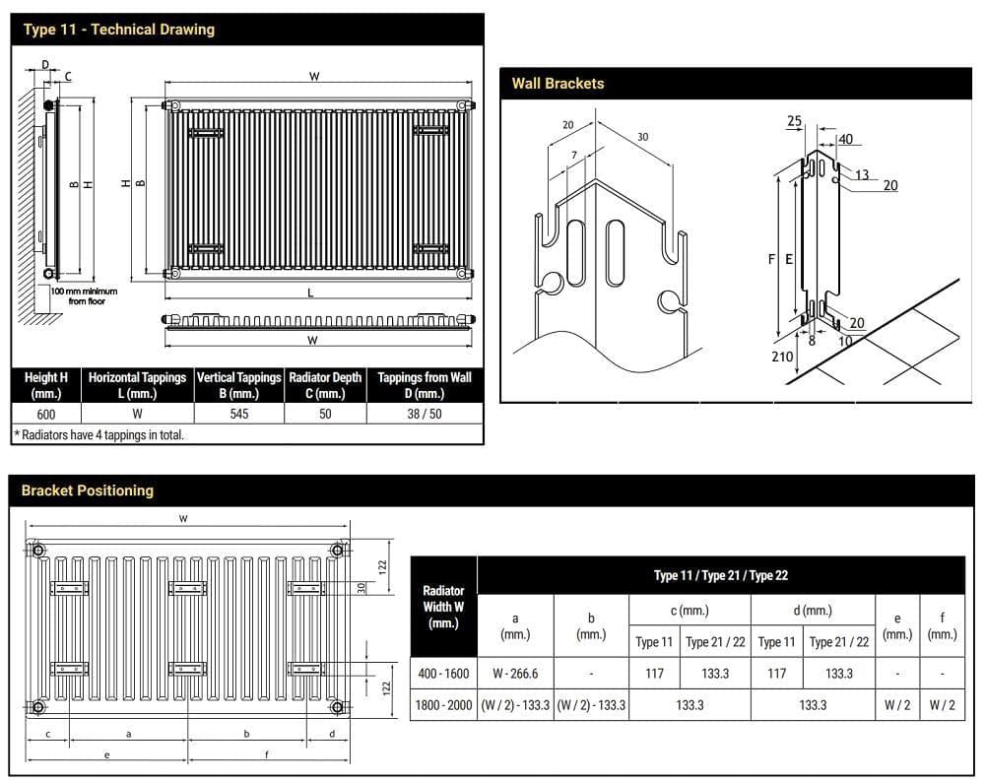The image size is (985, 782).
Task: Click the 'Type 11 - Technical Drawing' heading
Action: tap(118, 30)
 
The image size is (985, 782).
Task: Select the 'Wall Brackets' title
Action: tap(558, 84)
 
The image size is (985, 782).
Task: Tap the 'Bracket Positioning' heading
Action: tap(88, 490)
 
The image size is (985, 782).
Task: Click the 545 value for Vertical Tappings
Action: tap(238, 415)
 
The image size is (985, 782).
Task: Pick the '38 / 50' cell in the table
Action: tap(424, 415)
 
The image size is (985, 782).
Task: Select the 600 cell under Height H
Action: tap(45, 415)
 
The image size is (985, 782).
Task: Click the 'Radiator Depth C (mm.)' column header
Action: tap(325, 385)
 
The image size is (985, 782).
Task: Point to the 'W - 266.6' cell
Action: tap(515, 674)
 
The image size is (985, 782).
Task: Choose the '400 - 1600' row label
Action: tap(443, 674)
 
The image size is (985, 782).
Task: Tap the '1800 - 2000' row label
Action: tap(443, 705)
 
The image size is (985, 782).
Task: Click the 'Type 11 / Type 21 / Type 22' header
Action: tap(720, 576)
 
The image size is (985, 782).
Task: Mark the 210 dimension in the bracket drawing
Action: tap(782, 357)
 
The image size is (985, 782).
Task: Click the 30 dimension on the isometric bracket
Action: tap(642, 137)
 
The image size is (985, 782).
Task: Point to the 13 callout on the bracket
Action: tap(862, 175)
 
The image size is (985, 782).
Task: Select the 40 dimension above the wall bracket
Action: tap(845, 140)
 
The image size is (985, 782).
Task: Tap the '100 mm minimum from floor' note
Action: tap(84, 296)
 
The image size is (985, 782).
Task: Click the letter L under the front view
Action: tap(311, 293)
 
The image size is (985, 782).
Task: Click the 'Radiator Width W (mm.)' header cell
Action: tap(443, 607)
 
